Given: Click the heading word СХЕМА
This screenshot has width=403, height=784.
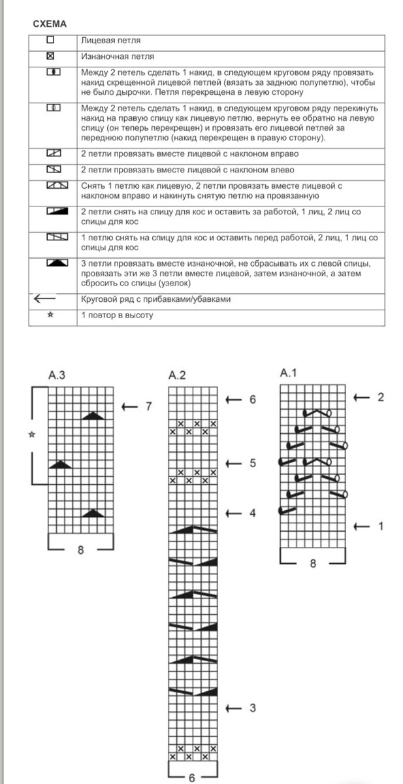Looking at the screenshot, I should click(x=50, y=24).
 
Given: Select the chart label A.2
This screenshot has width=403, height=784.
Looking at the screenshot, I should click(x=178, y=375).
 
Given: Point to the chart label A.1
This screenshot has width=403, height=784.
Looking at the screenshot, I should click(x=289, y=373).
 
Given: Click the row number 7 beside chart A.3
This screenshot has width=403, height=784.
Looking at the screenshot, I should click(x=148, y=406).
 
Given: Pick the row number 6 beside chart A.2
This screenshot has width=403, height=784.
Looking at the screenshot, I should click(x=252, y=399).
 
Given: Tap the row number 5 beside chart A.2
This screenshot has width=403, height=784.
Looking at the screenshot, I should click(x=252, y=463).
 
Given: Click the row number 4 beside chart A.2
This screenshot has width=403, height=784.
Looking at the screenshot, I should click(x=252, y=513).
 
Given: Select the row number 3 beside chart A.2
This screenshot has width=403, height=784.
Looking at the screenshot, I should click(x=252, y=708).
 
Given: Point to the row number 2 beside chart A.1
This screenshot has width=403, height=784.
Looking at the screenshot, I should click(x=380, y=397).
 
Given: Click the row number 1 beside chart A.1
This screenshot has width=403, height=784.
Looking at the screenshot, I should click(x=380, y=525).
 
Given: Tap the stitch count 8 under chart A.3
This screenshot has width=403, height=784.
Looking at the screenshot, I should click(x=80, y=550).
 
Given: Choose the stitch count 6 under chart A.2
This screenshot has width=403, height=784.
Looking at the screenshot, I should click(x=191, y=777).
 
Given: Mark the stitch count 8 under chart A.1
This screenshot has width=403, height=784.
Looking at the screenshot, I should click(x=312, y=564).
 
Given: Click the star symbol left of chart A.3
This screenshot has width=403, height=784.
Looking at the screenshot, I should click(x=31, y=434).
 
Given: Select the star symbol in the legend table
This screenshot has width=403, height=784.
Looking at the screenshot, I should click(x=50, y=315).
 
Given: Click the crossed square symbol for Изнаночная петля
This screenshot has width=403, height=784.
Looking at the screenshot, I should click(x=50, y=56).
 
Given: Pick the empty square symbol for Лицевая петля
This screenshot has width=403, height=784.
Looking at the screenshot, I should click(x=50, y=40).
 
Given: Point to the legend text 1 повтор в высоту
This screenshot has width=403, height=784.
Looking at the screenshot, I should click(x=117, y=316).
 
